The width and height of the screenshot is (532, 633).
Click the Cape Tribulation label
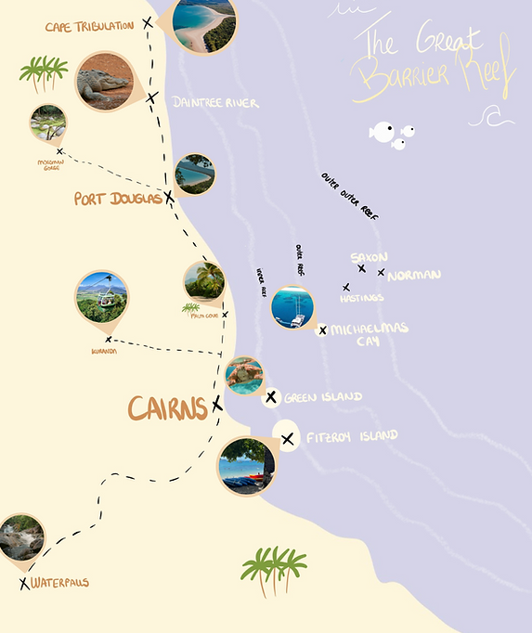(x=89, y=26)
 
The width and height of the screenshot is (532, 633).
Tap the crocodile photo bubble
(x=104, y=81)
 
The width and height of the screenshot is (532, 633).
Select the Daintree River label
(x=215, y=103)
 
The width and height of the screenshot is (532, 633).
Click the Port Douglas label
(x=118, y=199)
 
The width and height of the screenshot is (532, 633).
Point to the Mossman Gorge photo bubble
(x=47, y=123)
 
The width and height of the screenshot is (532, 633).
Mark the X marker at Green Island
(x=271, y=397)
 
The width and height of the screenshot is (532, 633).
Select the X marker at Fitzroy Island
(x=288, y=439)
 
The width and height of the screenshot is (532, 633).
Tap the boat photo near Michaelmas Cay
(x=294, y=307)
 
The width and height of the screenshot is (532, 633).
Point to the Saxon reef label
(x=369, y=257)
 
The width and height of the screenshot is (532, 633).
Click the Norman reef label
(x=414, y=275)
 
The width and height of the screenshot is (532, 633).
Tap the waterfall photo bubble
(x=21, y=537)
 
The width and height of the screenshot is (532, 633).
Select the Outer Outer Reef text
(x=350, y=197)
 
